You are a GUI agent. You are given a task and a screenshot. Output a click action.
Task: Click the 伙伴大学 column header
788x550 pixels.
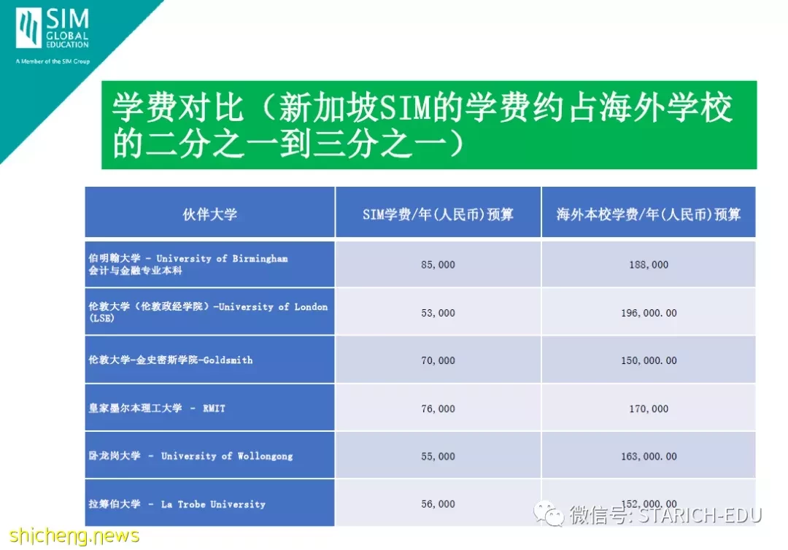click(209, 214)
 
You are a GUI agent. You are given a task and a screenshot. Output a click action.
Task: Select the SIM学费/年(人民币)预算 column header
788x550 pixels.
click(438, 214)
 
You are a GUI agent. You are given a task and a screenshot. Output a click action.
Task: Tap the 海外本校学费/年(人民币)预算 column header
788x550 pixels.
click(649, 214)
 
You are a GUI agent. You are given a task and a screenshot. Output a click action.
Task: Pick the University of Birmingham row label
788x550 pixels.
click(188, 264)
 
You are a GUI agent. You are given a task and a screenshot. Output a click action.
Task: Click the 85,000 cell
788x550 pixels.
click(438, 265)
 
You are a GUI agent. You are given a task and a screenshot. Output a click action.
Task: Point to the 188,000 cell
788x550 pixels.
click(649, 265)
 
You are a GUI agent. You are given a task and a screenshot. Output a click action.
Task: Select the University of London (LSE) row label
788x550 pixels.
click(207, 312)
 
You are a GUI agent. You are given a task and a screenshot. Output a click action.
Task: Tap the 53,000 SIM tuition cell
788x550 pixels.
click(438, 313)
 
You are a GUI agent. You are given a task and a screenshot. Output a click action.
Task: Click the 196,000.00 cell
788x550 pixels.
click(649, 313)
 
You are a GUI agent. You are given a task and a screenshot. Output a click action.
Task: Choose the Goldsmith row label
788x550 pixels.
click(170, 360)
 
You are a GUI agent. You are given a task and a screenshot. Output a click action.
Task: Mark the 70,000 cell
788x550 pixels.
click(438, 360)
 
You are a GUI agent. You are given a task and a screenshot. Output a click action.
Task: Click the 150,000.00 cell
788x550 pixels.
click(649, 360)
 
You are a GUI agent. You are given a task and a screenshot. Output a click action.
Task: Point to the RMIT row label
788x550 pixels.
click(157, 408)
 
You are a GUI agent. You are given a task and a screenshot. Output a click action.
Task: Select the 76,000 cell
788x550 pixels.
click(438, 409)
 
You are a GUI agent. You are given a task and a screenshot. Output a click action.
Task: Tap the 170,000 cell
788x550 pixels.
click(649, 409)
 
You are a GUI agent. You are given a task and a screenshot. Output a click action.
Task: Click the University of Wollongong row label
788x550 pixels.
click(190, 456)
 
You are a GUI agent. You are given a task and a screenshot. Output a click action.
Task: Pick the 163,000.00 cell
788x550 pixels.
click(649, 457)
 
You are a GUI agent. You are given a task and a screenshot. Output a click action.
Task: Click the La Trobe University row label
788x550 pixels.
click(177, 504)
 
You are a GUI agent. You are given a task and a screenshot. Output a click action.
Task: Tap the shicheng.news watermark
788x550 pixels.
click(74, 535)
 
